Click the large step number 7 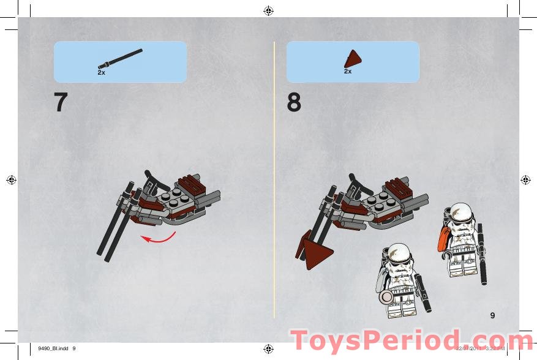(x=60, y=102)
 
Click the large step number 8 (x=294, y=102)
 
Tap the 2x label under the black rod (x=102, y=72)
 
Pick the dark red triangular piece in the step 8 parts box (x=352, y=58)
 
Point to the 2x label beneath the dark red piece (x=348, y=72)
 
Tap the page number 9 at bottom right (x=492, y=315)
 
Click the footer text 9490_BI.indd (x=53, y=349)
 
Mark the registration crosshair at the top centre (x=268, y=10)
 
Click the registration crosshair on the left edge (x=11, y=179)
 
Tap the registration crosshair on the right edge (x=525, y=179)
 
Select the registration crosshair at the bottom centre (x=268, y=349)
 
